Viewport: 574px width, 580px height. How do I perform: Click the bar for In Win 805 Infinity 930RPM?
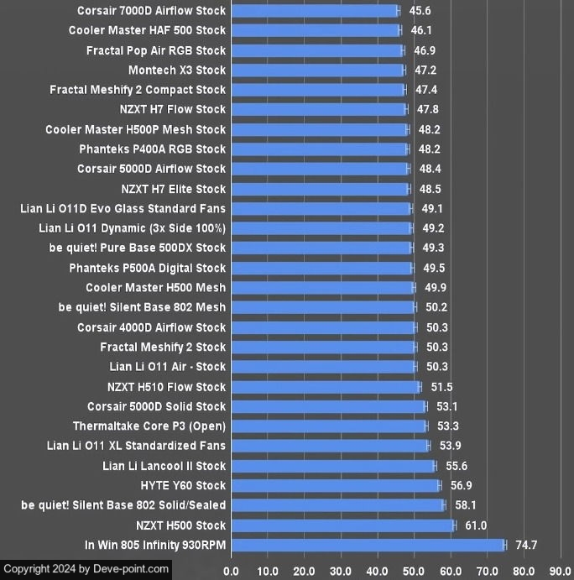[x=368, y=546]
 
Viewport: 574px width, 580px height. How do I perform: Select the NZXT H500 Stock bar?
[x=342, y=525]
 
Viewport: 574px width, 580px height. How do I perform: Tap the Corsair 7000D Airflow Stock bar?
[x=315, y=11]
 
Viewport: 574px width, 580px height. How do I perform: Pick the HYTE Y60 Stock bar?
[x=335, y=486]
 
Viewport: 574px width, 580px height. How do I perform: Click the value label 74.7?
[x=526, y=546]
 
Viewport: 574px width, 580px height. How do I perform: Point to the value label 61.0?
[x=476, y=525]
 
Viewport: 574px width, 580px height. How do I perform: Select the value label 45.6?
[x=420, y=11]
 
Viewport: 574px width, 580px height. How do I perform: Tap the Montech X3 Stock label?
[x=177, y=71]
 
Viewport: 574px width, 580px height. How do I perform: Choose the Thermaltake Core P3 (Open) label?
[x=149, y=426]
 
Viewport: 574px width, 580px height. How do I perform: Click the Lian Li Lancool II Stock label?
[x=164, y=466]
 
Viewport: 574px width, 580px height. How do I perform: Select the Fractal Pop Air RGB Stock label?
[x=156, y=50]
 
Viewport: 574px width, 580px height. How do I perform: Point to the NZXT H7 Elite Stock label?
[x=174, y=189]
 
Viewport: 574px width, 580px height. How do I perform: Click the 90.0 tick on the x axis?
[x=561, y=572]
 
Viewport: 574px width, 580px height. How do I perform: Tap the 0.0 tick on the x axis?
[x=231, y=572]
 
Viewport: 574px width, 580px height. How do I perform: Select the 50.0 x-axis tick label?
[x=414, y=572]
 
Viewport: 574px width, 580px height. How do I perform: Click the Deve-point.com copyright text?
[x=86, y=569]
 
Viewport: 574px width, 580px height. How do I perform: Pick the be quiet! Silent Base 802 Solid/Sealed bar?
[x=337, y=505]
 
